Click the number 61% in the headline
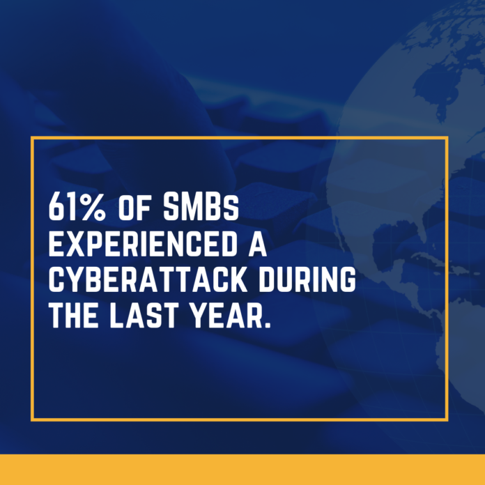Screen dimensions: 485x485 (77, 207)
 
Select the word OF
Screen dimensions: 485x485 (134, 207)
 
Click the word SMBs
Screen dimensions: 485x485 (201, 207)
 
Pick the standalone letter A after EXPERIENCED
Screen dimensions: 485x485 (258, 243)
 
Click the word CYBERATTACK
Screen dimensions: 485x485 (148, 279)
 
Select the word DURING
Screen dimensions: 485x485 (307, 279)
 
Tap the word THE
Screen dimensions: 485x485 (74, 315)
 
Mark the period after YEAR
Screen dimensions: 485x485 (268, 325)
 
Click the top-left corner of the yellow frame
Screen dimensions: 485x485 (32, 138)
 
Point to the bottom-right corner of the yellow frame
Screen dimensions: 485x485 (447, 419)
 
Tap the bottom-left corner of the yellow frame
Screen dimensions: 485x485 (32, 419)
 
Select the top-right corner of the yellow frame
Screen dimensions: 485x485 (447, 138)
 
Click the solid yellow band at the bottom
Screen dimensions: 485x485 (243, 470)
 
